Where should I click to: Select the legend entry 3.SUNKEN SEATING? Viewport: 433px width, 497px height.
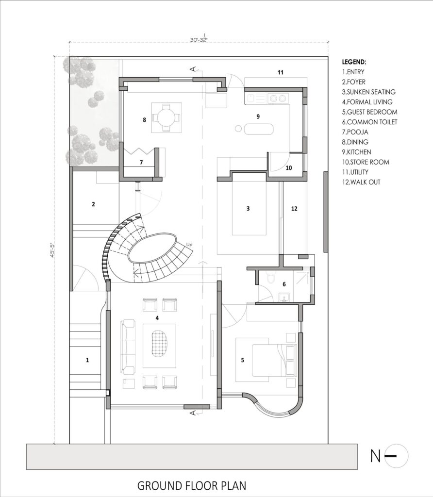[x=368, y=92]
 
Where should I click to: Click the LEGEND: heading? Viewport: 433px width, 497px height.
[x=354, y=62]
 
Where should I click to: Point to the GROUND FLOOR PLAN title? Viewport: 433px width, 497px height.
[x=192, y=485]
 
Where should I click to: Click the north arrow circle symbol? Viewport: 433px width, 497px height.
[x=396, y=456]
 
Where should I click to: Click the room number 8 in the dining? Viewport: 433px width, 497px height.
[x=144, y=119]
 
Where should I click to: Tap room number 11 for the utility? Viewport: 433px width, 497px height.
[x=280, y=72]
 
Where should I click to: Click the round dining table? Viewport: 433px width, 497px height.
[x=166, y=117]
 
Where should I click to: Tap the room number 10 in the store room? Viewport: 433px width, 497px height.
[x=289, y=168]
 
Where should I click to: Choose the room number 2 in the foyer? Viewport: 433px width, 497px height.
[x=93, y=204]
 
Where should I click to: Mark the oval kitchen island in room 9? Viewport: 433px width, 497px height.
[x=259, y=129]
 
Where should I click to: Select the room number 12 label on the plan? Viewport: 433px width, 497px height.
[x=294, y=209]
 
